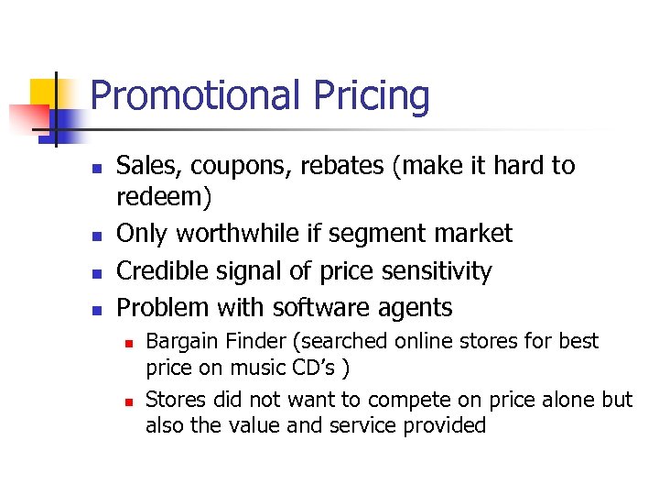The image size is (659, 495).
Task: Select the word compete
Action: [405, 400]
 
